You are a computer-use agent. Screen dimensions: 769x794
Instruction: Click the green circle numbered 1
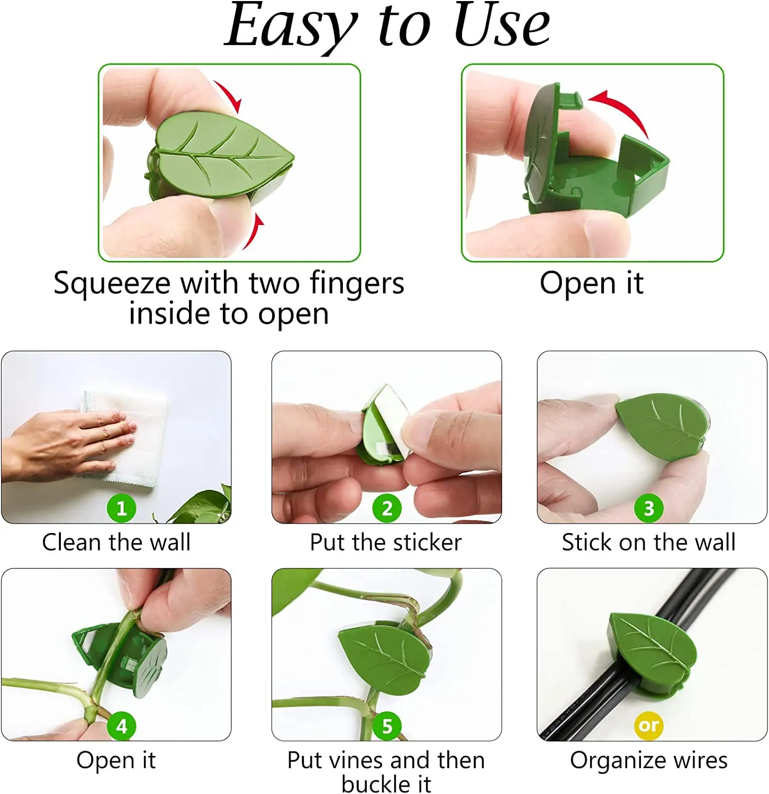122,508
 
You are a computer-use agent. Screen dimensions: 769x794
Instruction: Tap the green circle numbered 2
387,508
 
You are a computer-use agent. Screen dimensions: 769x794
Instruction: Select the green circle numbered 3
649,508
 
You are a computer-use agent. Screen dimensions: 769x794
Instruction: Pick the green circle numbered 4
122,726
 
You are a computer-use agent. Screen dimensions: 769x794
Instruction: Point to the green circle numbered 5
387,726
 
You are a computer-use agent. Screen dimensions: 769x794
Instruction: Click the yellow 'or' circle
649,725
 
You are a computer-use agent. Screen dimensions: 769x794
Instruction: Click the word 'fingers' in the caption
357,284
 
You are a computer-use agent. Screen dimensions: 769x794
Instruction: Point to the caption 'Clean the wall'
116,542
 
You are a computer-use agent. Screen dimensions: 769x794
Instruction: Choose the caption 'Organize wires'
649,761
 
